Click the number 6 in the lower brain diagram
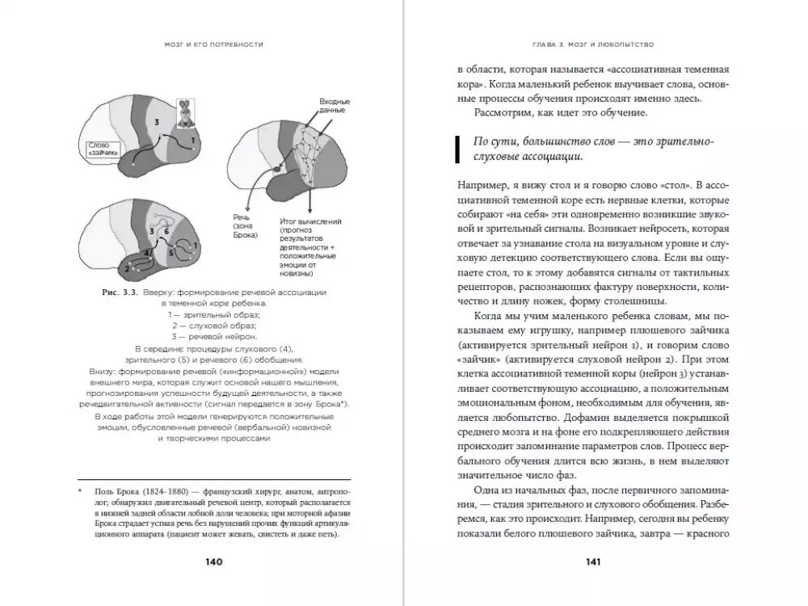(167, 231)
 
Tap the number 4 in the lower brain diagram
(146, 254)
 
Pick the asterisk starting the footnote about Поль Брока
(80, 490)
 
